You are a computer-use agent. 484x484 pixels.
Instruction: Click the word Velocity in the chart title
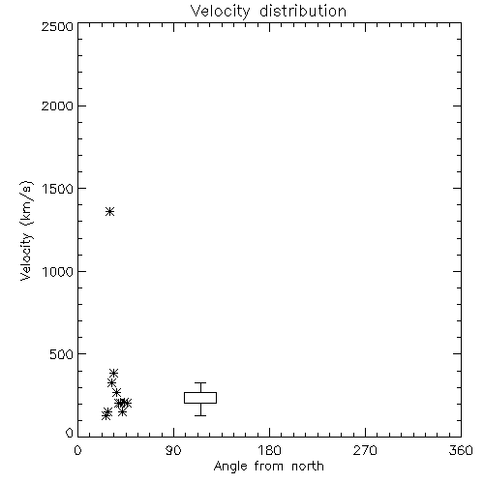[220, 12]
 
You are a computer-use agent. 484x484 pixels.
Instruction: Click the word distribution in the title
[303, 11]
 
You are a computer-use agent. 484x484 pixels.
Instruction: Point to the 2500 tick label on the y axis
[57, 26]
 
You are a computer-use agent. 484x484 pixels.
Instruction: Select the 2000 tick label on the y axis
[57, 106]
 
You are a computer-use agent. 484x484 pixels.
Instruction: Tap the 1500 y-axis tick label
[58, 189]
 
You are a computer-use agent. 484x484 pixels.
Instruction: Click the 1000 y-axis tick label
[58, 271]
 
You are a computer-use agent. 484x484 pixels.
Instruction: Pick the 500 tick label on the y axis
[62, 354]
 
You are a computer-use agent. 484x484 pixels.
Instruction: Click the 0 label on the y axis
[70, 433]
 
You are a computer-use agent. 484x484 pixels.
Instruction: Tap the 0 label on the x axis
[77, 450]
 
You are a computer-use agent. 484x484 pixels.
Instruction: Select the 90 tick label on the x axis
[173, 450]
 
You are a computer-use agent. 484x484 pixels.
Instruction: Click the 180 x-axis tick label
[269, 450]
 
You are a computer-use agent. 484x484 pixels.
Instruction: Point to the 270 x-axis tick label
[365, 450]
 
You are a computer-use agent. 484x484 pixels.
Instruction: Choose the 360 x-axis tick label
[461, 450]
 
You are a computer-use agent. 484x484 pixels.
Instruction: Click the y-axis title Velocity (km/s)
[26, 230]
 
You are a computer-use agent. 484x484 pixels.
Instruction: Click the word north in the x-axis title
[308, 467]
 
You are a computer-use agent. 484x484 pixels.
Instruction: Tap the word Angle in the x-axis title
[230, 467]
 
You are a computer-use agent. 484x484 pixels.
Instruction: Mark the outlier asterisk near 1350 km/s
[110, 212]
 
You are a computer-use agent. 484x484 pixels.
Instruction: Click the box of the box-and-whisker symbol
[200, 392]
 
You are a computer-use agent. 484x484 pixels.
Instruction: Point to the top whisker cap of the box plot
[200, 383]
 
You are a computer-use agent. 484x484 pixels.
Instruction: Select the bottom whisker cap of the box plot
[200, 415]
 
